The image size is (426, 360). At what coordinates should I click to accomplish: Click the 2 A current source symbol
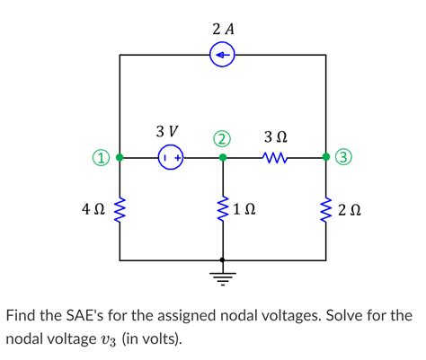click(223, 56)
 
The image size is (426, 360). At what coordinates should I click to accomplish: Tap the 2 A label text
click(223, 29)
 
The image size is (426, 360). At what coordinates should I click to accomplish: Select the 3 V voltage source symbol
click(171, 158)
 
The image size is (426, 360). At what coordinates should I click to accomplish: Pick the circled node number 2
click(222, 138)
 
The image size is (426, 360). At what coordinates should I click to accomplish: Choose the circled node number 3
click(344, 159)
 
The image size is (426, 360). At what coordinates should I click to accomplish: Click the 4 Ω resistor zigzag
click(120, 212)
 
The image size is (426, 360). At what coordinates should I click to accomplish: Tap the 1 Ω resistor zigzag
click(222, 212)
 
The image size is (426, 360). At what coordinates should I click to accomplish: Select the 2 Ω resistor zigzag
click(326, 212)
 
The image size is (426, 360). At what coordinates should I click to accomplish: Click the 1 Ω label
click(244, 212)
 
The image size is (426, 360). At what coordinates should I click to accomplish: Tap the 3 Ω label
click(276, 136)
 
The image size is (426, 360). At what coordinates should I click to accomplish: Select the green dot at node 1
click(120, 158)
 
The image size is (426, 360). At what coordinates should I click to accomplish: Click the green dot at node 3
click(326, 158)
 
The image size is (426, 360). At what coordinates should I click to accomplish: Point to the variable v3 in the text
click(145, 341)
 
